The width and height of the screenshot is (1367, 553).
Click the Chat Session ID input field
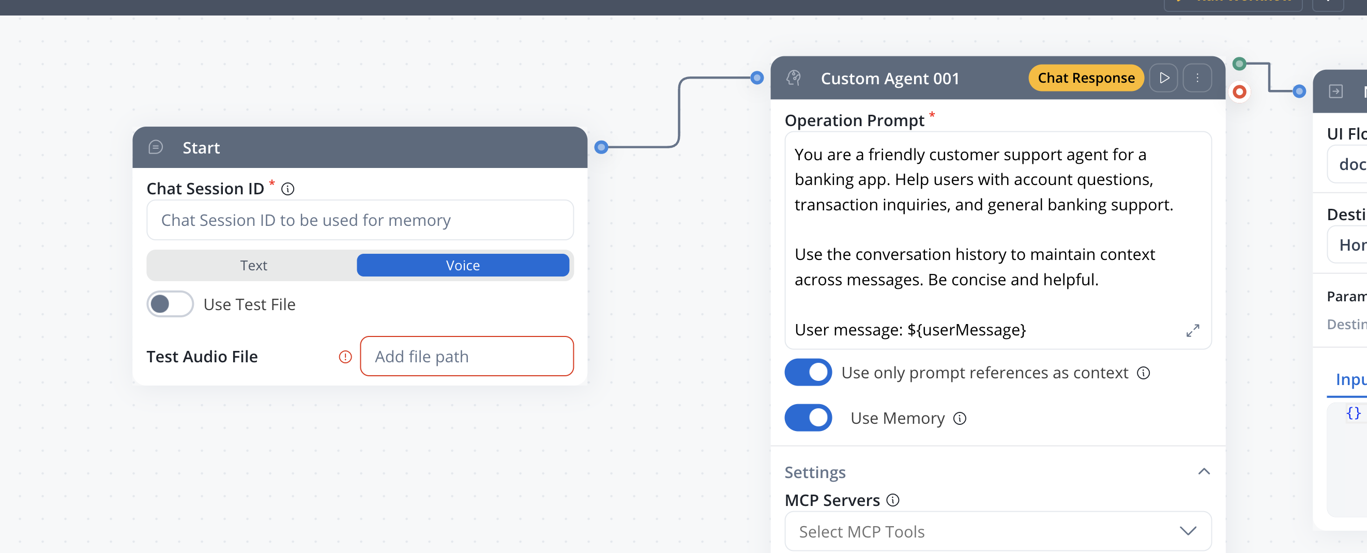359,220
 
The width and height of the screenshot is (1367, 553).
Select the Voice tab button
462,265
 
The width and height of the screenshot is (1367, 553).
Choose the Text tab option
253,265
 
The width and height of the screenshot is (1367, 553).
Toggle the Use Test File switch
170,304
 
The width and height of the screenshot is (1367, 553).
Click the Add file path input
466,357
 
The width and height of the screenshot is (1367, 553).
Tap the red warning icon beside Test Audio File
345,357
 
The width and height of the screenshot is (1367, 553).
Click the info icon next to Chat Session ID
287,189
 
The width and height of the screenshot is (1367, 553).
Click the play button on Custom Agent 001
1164,78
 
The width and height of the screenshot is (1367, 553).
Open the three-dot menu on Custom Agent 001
1197,78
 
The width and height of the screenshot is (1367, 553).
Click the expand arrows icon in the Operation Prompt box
1192,331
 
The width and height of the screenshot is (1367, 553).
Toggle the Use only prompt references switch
808,373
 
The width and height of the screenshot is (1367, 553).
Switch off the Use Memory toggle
808,418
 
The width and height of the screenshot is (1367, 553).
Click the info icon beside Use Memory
960,419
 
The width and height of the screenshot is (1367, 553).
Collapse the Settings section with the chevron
1204,471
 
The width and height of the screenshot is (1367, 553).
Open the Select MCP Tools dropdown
997,531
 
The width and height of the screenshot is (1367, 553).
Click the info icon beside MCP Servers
893,500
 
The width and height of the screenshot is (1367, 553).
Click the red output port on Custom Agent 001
1239,92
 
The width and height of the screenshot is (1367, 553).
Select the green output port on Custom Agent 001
1239,64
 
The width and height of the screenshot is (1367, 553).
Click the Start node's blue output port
601,147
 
